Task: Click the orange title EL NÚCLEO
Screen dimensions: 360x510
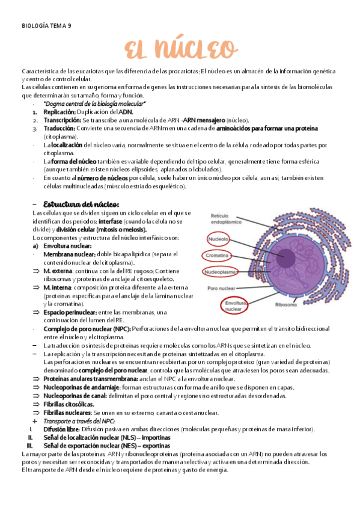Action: tap(180, 48)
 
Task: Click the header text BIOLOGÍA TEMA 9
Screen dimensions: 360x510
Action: tap(46, 26)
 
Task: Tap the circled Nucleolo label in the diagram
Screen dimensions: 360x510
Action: tap(218, 239)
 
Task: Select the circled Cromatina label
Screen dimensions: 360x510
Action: tap(218, 256)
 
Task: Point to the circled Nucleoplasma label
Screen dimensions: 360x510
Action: tap(222, 271)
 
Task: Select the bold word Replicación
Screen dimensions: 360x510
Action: tap(59, 112)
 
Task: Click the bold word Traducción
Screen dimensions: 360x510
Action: tap(60, 129)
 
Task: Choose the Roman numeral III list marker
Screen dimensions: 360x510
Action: tap(29, 446)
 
